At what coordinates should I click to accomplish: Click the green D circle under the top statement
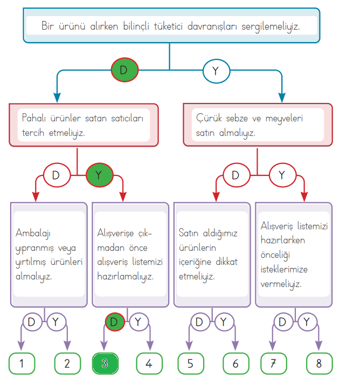click(125, 70)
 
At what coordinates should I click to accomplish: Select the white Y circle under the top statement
click(216, 70)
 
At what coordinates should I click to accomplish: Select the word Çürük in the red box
click(206, 118)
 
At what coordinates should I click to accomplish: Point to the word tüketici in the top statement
click(187, 25)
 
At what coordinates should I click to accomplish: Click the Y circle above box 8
click(307, 322)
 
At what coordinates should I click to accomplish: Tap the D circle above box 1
click(32, 322)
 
